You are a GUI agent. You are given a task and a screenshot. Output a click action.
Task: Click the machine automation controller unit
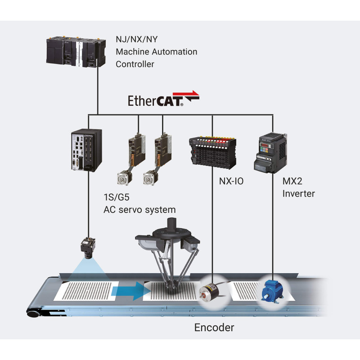pos(75,53)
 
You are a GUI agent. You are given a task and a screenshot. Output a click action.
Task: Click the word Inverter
pos(298,194)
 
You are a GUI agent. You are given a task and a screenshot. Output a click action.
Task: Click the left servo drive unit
pos(135,148)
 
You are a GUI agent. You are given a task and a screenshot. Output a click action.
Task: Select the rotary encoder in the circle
pos(211,293)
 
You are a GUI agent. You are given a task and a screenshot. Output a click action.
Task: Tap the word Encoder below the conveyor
pos(214,327)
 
